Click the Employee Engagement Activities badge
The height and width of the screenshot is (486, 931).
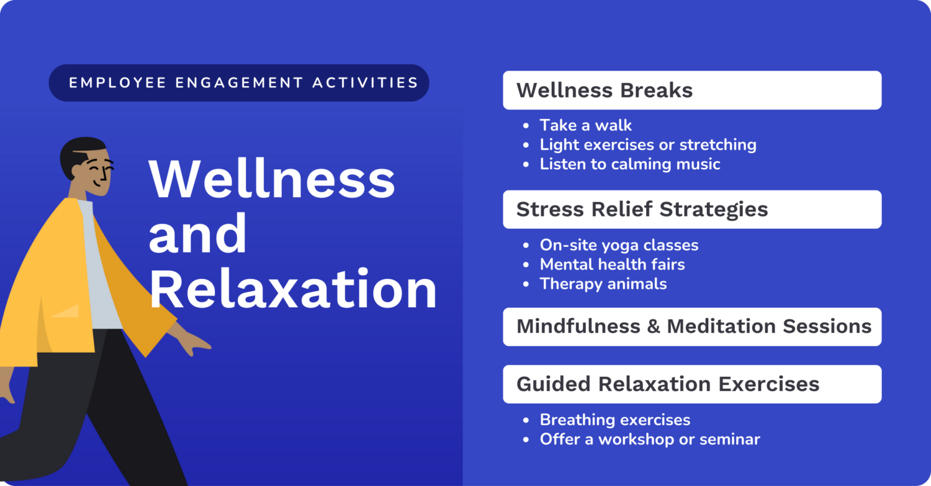239,82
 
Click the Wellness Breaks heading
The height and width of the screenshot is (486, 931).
604,91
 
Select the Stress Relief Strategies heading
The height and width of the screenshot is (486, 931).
642,210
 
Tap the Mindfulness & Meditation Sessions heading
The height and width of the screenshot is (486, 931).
693,327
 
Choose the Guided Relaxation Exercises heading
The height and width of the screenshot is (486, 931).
667,384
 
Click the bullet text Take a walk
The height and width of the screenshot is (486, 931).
585,125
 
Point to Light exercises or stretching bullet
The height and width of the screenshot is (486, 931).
647,145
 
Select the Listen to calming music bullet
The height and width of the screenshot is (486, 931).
629,164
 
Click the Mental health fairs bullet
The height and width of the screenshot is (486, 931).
612,265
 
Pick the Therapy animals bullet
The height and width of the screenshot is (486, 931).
603,284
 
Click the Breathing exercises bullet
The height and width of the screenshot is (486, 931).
614,420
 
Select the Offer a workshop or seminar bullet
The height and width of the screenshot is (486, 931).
649,440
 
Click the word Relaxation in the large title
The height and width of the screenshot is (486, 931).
292,291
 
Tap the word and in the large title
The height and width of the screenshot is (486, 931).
197,235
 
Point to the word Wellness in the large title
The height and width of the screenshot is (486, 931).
271,179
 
